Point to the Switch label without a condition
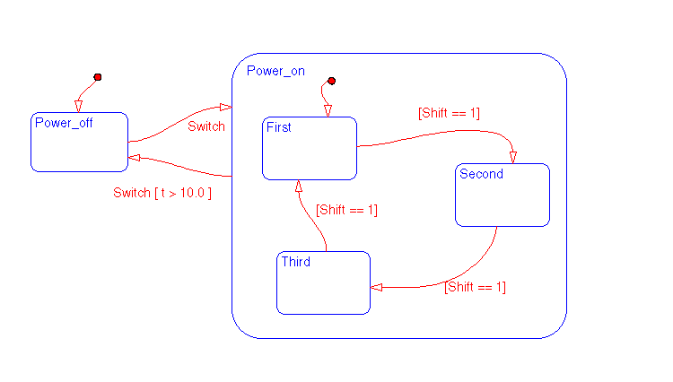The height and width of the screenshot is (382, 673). (x=206, y=126)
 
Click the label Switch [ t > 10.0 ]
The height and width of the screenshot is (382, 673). (x=162, y=193)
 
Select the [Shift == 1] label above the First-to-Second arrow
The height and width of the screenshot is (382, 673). (x=449, y=113)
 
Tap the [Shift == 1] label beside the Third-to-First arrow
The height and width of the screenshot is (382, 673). (x=346, y=210)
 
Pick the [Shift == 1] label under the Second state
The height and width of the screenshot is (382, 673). (x=475, y=287)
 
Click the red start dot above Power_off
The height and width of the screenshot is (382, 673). (x=97, y=77)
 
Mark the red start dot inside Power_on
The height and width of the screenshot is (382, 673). (x=331, y=82)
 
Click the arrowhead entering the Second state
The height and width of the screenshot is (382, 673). (x=513, y=157)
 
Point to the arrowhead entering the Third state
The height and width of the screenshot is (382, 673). (x=377, y=287)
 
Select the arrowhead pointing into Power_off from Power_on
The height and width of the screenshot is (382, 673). (x=135, y=157)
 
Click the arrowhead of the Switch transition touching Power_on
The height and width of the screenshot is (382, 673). (x=225, y=107)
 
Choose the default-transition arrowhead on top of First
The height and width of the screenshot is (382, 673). (x=328, y=110)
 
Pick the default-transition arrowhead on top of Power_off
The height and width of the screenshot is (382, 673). (x=78, y=106)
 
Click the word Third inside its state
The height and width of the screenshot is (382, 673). (x=295, y=262)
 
